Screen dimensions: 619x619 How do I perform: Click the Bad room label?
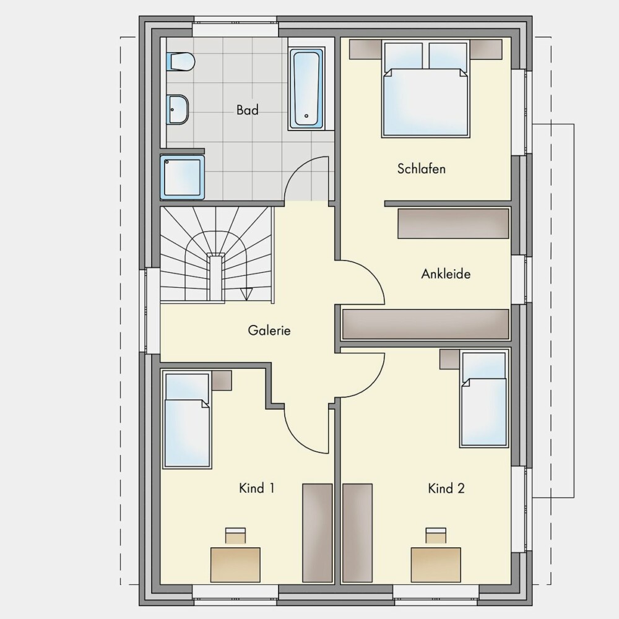248,110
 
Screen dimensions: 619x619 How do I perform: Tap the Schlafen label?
421,169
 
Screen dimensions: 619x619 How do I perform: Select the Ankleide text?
446,274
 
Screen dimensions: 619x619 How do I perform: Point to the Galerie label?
269,330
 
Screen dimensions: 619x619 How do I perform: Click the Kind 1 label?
257,488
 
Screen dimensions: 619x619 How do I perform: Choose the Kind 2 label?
446,488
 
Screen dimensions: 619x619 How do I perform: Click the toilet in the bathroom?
180,61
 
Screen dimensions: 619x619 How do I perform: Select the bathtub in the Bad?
306,89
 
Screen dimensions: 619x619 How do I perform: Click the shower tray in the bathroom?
183,177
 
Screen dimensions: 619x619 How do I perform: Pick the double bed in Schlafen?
426,89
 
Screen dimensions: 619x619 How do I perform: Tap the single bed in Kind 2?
484,399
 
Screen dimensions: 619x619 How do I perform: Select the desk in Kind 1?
235,565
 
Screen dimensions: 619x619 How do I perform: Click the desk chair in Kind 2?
436,535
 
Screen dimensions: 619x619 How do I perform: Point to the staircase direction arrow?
246,294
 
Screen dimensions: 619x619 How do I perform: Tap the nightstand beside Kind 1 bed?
222,381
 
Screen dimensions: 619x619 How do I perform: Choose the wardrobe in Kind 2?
357,533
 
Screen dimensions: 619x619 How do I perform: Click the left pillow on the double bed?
403,56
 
